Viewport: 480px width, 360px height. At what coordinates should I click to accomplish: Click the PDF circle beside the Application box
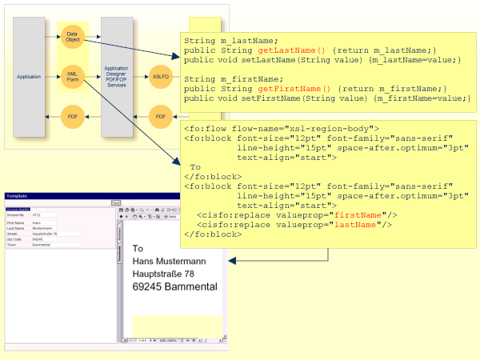[x=72, y=117]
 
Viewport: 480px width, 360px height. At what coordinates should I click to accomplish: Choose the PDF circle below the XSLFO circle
[x=161, y=117]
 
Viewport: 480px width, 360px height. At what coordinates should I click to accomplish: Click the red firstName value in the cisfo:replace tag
[x=356, y=215]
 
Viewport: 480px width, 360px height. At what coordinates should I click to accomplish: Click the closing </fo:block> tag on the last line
[x=212, y=234]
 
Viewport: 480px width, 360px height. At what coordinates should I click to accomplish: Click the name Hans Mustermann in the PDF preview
[x=168, y=262]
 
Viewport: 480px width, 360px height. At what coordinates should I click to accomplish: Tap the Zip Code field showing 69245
[x=44, y=239]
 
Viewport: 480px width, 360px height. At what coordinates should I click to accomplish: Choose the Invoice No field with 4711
[x=44, y=215]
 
